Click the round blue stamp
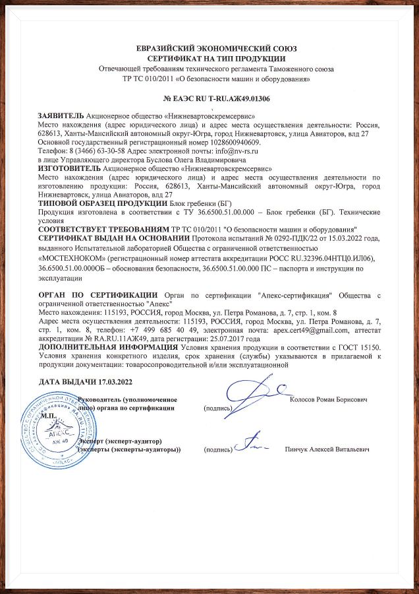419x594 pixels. coord(52,429)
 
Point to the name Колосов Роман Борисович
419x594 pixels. coord(328,399)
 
